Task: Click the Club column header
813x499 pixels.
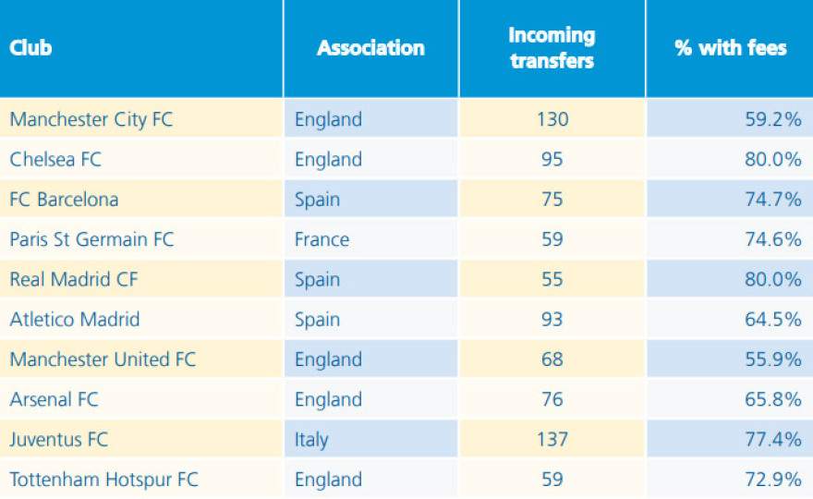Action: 30,48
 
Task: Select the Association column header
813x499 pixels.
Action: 370,48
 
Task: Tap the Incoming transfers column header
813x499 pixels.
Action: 552,48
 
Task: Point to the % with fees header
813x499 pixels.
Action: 730,48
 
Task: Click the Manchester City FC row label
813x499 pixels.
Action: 91,119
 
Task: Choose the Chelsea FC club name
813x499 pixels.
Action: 55,159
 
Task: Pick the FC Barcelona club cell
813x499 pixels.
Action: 64,200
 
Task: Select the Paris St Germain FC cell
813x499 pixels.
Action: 91,239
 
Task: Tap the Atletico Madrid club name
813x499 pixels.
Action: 75,320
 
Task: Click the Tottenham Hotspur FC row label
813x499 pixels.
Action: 103,480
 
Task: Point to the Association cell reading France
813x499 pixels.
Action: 322,239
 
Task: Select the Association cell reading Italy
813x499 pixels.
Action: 311,440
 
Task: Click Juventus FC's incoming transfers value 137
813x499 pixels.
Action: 552,440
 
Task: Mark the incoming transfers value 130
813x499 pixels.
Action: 552,119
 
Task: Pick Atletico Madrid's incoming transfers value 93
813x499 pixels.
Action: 552,320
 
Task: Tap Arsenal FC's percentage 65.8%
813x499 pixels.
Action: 773,399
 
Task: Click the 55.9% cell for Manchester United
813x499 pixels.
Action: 773,359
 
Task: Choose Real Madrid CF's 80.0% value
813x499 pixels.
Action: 773,279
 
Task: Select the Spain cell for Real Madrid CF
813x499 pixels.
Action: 317,279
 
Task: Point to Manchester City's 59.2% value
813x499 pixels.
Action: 773,119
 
